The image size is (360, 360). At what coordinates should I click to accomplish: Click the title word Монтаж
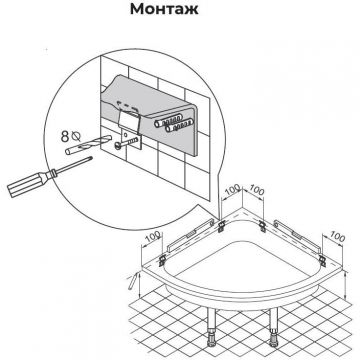click(x=164, y=9)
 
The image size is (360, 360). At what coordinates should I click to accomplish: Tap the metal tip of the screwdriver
click(x=89, y=159)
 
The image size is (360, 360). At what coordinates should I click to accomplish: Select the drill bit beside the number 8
click(x=87, y=143)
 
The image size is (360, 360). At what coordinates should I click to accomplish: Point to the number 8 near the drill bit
click(x=65, y=137)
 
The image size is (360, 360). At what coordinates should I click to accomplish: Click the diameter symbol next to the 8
click(x=76, y=136)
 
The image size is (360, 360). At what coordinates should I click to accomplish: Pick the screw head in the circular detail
click(x=117, y=146)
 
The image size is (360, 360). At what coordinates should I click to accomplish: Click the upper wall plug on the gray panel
click(x=168, y=120)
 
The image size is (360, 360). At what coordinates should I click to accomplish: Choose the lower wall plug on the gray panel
click(x=180, y=126)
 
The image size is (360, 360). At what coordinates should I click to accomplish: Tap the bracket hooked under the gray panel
click(x=130, y=128)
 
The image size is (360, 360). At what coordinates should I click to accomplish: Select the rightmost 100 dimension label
click(x=337, y=236)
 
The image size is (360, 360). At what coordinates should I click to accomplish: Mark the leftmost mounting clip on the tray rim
click(x=162, y=260)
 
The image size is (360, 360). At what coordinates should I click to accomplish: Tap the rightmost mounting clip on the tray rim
click(x=322, y=259)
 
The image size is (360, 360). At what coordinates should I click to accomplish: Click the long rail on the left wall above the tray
click(x=190, y=235)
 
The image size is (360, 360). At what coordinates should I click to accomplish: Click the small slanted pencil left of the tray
click(x=133, y=281)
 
